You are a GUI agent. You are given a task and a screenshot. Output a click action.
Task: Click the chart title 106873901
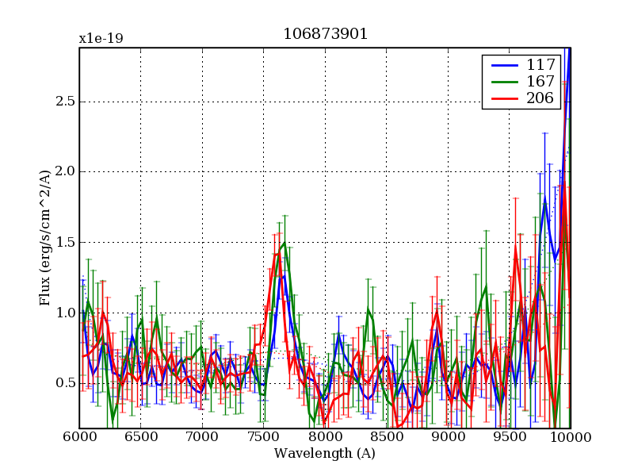click(325, 35)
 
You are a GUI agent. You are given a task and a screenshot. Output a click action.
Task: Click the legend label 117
click(535, 63)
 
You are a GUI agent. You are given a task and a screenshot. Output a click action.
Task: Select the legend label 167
click(535, 81)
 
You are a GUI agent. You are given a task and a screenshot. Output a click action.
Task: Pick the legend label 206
click(535, 98)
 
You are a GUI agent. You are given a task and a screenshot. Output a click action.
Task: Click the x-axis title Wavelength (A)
click(325, 454)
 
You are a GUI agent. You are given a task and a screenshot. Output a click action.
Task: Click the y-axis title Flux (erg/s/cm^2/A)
click(45, 238)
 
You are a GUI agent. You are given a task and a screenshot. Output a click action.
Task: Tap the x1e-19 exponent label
click(101, 38)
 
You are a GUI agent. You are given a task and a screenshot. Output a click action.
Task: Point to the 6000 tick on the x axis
click(79, 438)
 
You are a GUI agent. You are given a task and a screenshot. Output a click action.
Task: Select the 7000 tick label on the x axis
click(202, 438)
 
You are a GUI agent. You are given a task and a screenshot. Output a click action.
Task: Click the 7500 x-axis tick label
click(263, 438)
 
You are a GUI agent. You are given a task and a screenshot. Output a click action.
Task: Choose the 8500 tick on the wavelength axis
click(386, 438)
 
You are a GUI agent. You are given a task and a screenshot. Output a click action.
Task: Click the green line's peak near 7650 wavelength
click(285, 243)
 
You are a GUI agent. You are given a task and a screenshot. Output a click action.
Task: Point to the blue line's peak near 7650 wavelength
click(281, 275)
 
